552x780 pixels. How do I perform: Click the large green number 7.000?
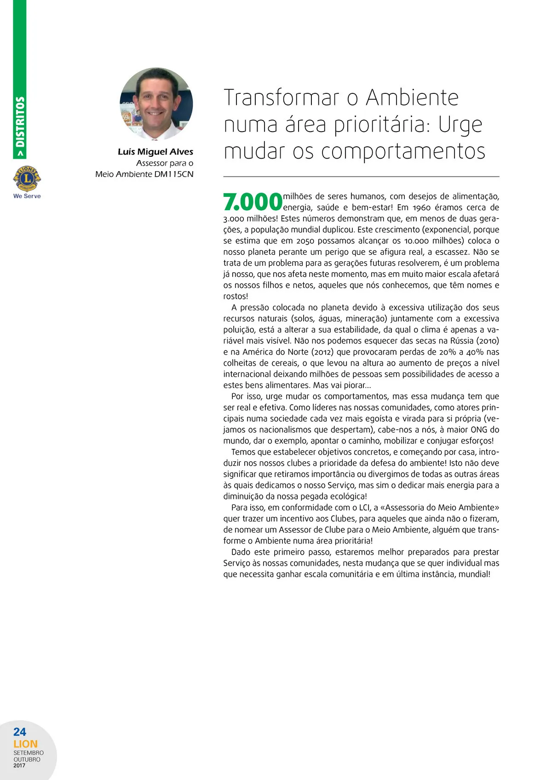tap(252, 202)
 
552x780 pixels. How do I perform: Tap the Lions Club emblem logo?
tap(27, 178)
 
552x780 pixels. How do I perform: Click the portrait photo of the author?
tap(156, 104)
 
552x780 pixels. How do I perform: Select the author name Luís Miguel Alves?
tap(155, 152)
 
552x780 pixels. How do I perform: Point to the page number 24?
tap(20, 732)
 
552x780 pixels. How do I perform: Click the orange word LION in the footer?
tap(25, 744)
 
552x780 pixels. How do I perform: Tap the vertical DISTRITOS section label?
tap(20, 121)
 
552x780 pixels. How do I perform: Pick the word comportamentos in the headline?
tap(403, 152)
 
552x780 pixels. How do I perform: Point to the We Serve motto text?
tap(27, 196)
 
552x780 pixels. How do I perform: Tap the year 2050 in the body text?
tap(305, 241)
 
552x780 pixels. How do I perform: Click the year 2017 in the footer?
tap(19, 765)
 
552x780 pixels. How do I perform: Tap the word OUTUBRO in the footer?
tap(27, 759)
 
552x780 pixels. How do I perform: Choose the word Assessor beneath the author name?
tap(152, 163)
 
